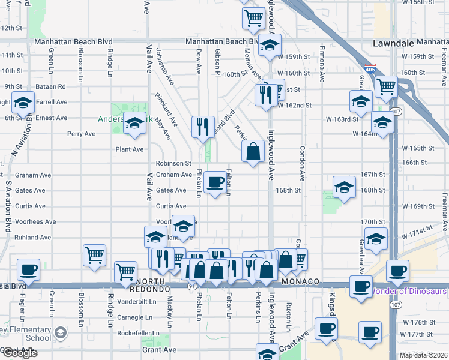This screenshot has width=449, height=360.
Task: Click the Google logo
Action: tap(20, 353)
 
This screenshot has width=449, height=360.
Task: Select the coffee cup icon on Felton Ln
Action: tap(215, 182)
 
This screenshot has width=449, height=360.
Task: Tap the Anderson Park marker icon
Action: tap(135, 124)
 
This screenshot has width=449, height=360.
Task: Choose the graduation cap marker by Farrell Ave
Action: tap(23, 104)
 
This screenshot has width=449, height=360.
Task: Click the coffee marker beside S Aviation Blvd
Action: tap(28, 270)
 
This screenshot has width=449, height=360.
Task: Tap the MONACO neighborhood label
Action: tap(298, 282)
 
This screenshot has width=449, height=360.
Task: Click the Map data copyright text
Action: tap(423, 355)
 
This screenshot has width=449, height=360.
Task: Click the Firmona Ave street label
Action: tap(322, 64)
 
